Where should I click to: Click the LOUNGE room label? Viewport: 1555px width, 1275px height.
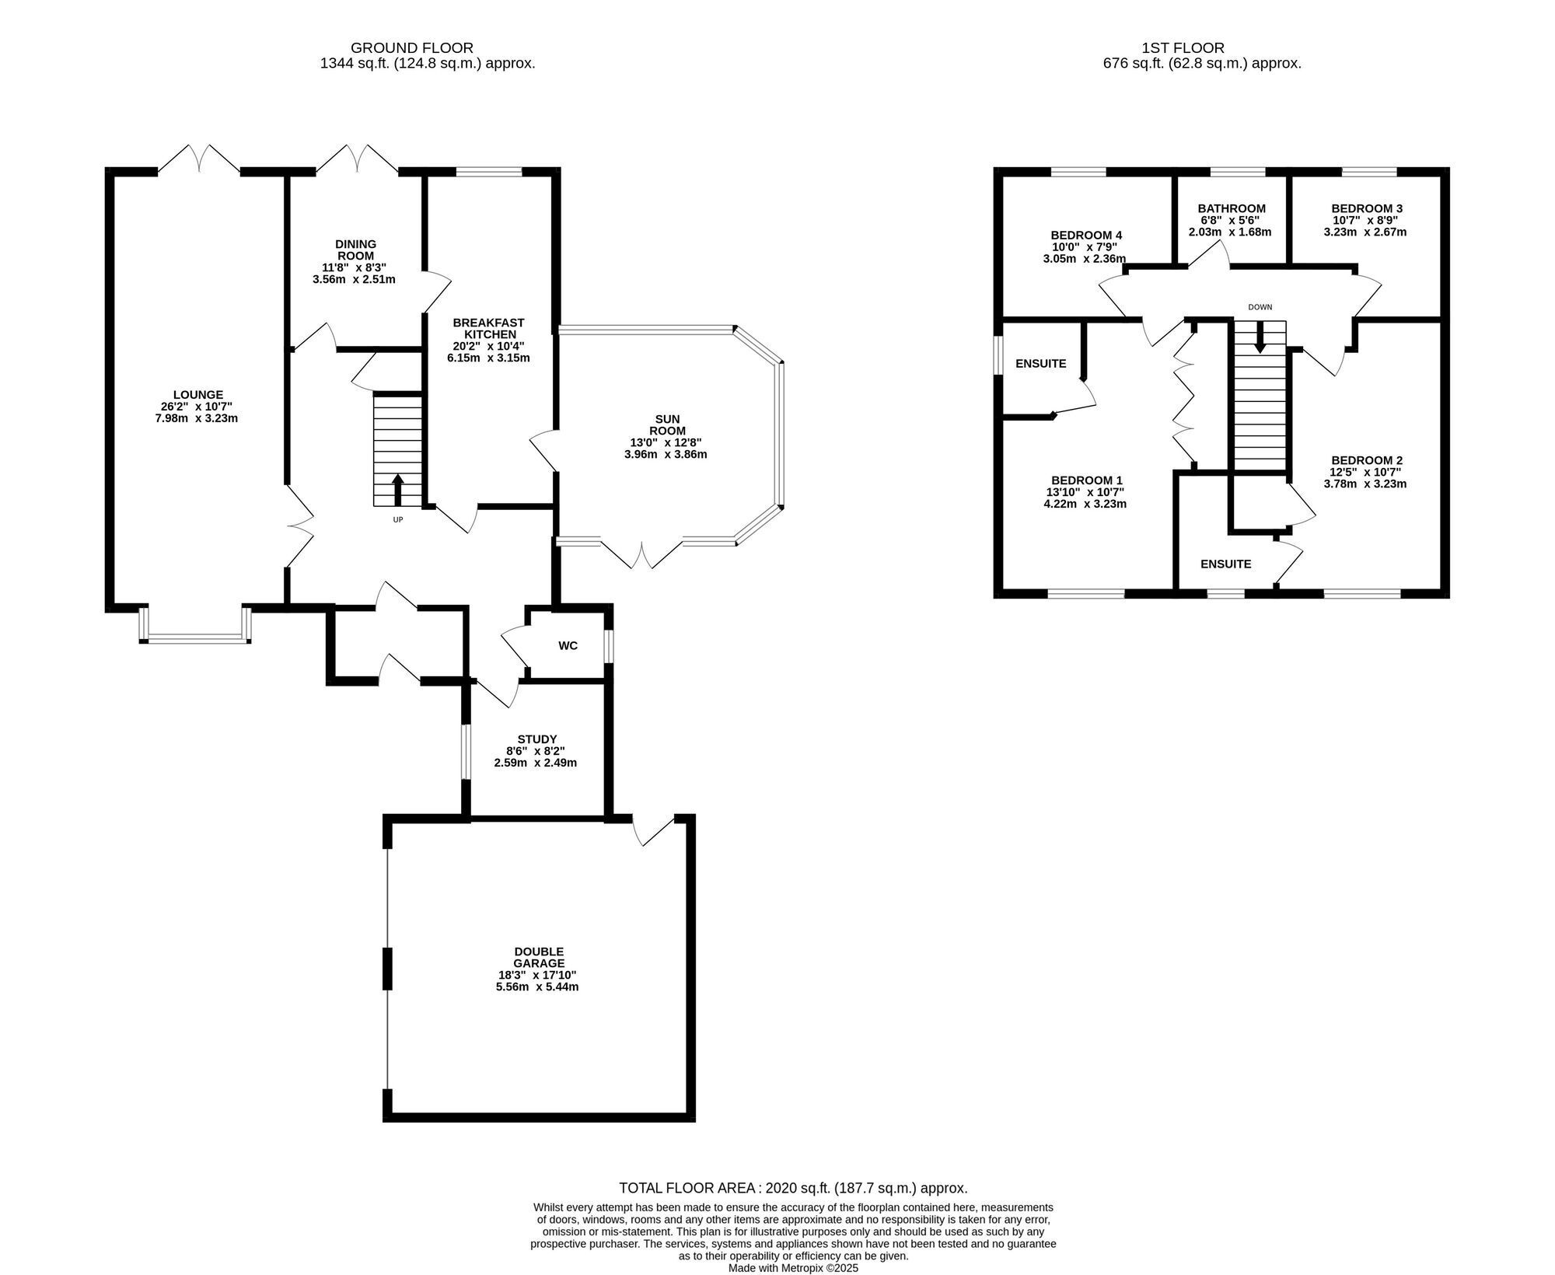pos(198,395)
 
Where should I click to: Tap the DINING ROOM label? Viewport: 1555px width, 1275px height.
pos(355,250)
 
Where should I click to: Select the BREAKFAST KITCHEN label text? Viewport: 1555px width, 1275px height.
pos(488,328)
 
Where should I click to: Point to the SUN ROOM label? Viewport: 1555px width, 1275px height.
pos(666,424)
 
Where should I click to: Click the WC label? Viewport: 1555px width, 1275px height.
pos(568,646)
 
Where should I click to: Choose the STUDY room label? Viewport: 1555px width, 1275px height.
pos(537,739)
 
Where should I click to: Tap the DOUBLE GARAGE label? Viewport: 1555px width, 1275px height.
pos(539,957)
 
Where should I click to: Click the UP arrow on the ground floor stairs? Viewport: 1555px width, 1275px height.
pos(397,489)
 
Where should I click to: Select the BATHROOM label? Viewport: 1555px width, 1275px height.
pos(1232,208)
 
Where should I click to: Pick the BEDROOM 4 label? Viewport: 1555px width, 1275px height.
pos(1086,236)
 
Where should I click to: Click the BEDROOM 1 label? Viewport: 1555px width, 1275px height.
pos(1086,480)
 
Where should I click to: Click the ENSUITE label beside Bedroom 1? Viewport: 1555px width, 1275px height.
pos(1041,364)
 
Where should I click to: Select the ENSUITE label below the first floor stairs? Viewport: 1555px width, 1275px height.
pos(1226,564)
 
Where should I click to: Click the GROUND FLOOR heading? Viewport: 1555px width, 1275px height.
pos(412,48)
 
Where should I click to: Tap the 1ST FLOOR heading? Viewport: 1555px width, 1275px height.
pos(1183,48)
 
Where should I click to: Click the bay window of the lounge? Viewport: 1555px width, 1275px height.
pos(195,639)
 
